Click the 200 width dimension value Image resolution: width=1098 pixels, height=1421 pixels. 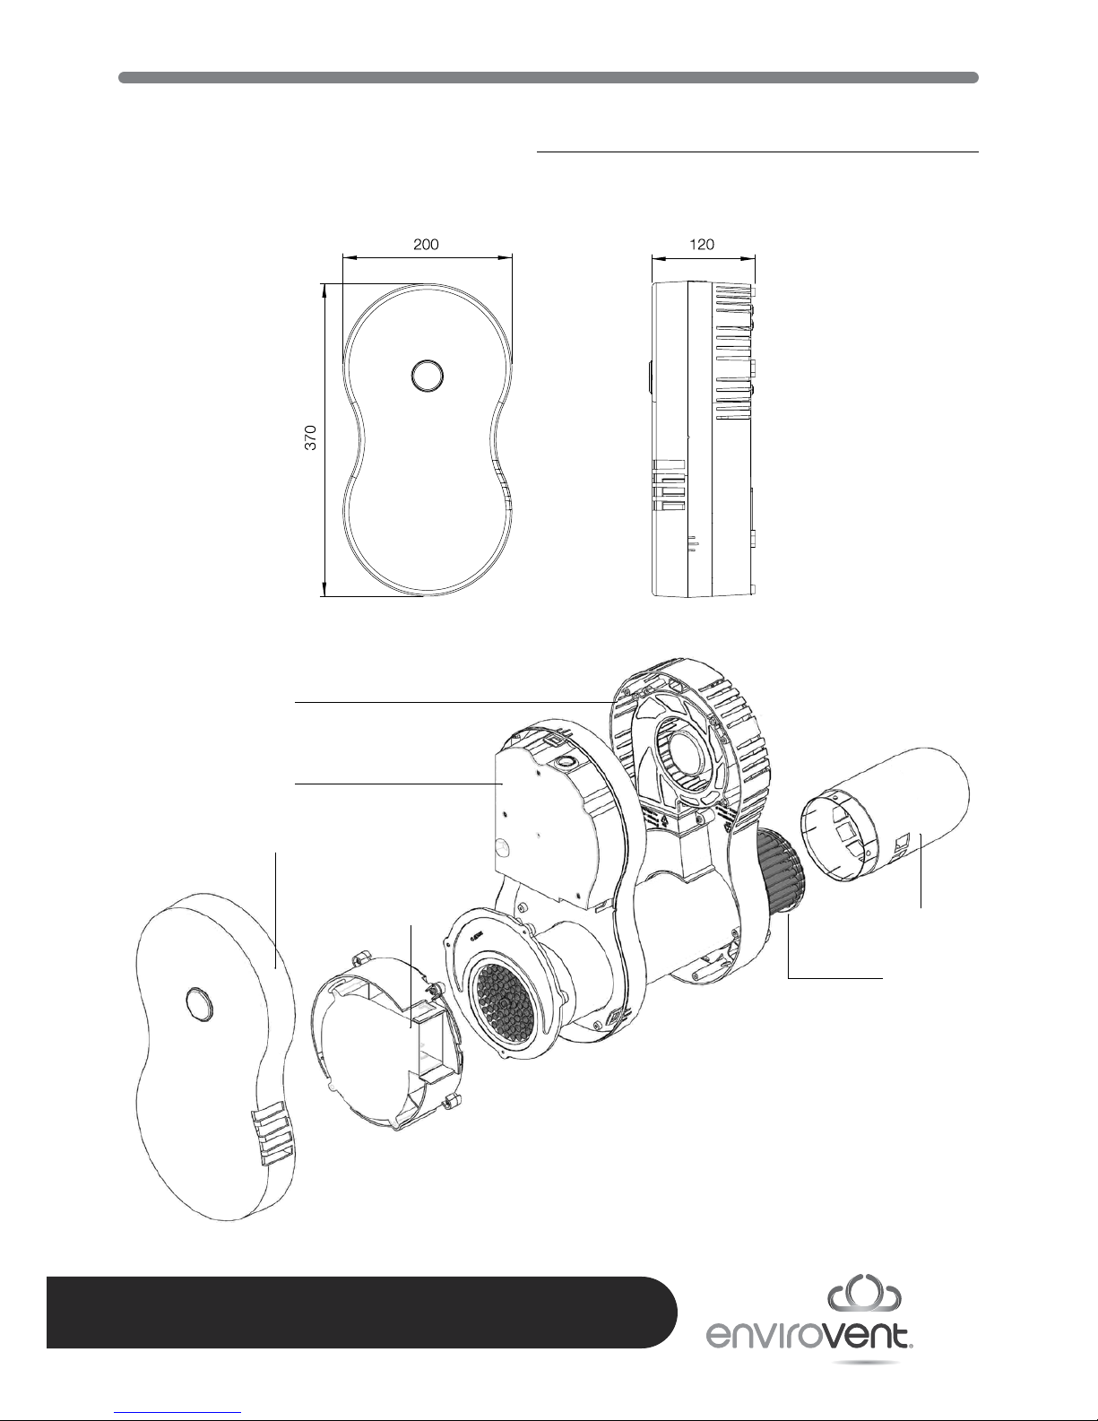tap(426, 245)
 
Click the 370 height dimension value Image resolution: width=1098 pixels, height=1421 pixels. tap(310, 438)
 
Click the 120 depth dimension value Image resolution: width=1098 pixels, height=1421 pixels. tap(702, 245)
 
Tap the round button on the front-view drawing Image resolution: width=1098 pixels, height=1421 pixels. tap(428, 376)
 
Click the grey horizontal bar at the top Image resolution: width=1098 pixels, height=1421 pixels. tap(549, 78)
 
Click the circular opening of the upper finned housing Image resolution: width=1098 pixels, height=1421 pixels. tap(686, 752)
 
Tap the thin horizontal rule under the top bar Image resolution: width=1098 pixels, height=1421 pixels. tap(757, 152)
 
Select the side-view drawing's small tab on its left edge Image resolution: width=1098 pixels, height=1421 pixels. tap(649, 377)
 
